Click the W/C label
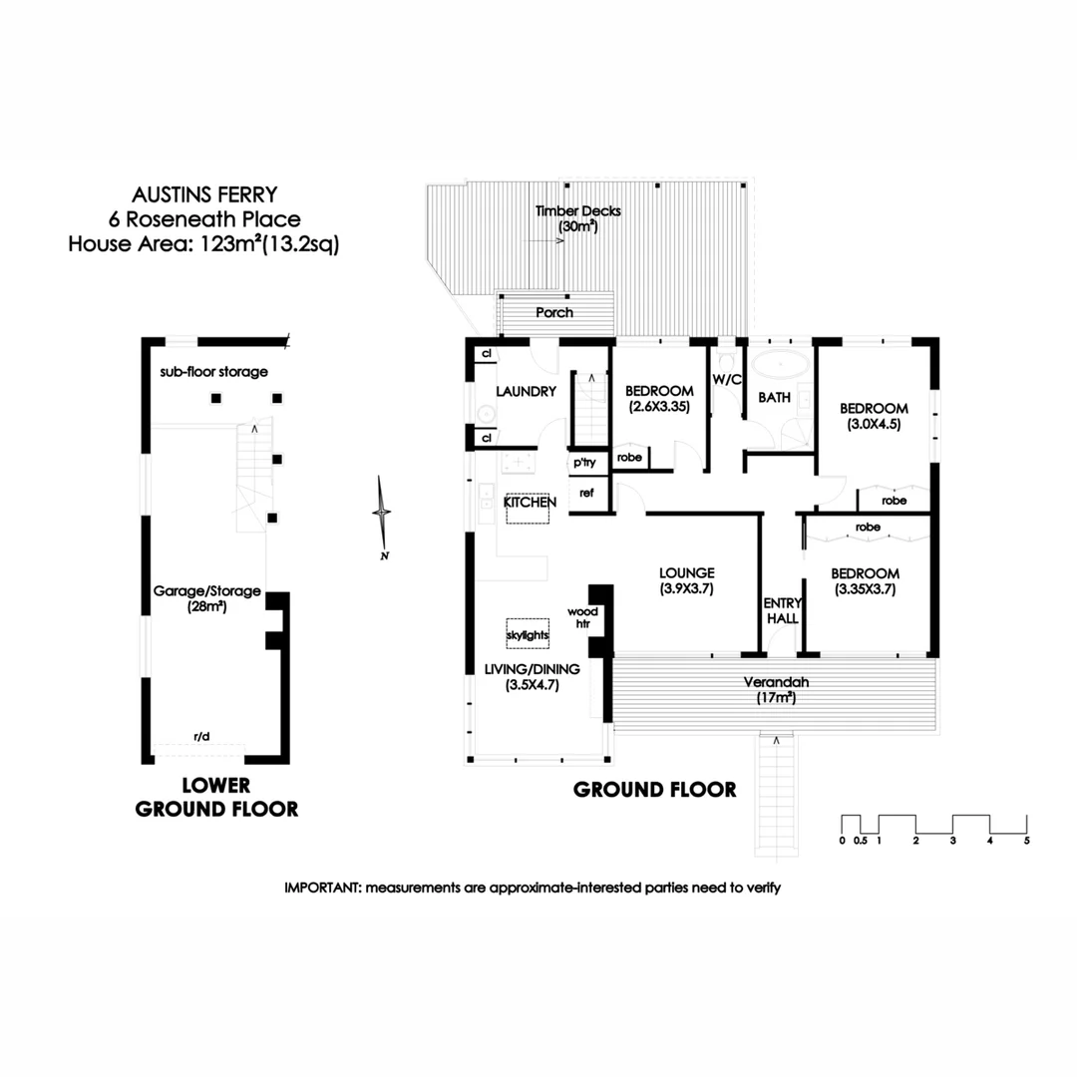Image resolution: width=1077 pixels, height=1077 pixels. [x=725, y=379]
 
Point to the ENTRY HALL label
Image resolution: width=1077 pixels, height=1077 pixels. [x=781, y=610]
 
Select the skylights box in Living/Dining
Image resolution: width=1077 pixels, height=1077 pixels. [x=528, y=634]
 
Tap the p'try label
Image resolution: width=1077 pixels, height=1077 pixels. [x=582, y=464]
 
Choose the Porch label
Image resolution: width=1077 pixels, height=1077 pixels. [x=554, y=312]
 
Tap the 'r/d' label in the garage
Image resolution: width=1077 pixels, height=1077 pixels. [x=201, y=737]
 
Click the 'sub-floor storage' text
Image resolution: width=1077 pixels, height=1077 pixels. [x=214, y=372]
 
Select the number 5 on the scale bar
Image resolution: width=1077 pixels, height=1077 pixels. [x=1026, y=841]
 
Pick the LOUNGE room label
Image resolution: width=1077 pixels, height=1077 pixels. [x=687, y=573]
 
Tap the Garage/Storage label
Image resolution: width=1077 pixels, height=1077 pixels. [x=206, y=591]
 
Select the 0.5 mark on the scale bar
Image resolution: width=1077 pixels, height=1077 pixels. [x=860, y=841]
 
